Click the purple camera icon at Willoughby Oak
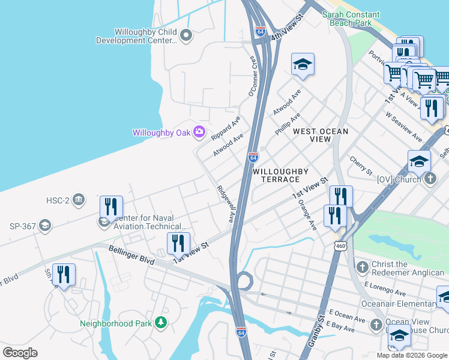pyautogui.click(x=199, y=132)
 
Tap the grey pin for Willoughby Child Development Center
pyautogui.click(x=186, y=37)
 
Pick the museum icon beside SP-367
pyautogui.click(x=44, y=226)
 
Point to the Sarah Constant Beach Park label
pyautogui.click(x=352, y=18)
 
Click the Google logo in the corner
pyautogui.click(x=20, y=353)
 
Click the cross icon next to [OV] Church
pyautogui.click(x=429, y=179)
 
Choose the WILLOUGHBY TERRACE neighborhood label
pyautogui.click(x=276, y=175)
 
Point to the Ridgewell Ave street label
pyautogui.click(x=224, y=204)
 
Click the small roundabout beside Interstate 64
pyautogui.click(x=243, y=281)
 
